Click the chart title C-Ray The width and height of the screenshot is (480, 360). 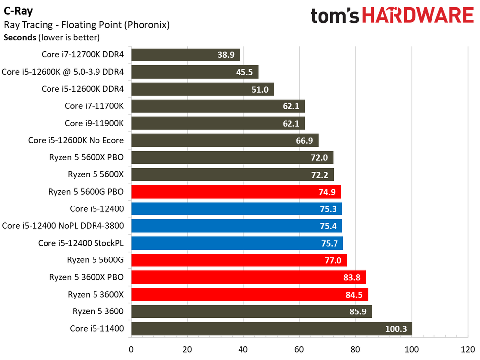point(19,10)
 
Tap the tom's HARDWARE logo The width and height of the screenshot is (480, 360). point(392,16)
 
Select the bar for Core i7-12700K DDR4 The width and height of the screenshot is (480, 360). point(185,55)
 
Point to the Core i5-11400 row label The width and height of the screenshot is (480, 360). point(97,329)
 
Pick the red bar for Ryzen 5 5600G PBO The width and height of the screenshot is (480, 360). point(236,192)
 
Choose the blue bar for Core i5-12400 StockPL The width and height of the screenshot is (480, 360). point(237,243)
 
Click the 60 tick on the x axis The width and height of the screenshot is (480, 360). point(299,348)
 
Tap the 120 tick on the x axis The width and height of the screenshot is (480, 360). point(468,348)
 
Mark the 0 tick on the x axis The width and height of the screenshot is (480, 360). point(131,348)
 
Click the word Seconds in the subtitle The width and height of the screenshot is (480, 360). point(19,37)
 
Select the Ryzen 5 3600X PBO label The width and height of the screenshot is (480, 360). point(86,277)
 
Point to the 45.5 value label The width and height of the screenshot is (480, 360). point(244,72)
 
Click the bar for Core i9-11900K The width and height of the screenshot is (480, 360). point(218,123)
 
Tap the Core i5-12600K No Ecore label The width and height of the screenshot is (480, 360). point(76,140)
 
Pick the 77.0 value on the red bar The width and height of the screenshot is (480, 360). point(334,260)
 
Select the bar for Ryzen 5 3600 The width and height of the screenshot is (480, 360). point(251,311)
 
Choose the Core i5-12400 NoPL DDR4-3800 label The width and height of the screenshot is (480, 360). point(63,226)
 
